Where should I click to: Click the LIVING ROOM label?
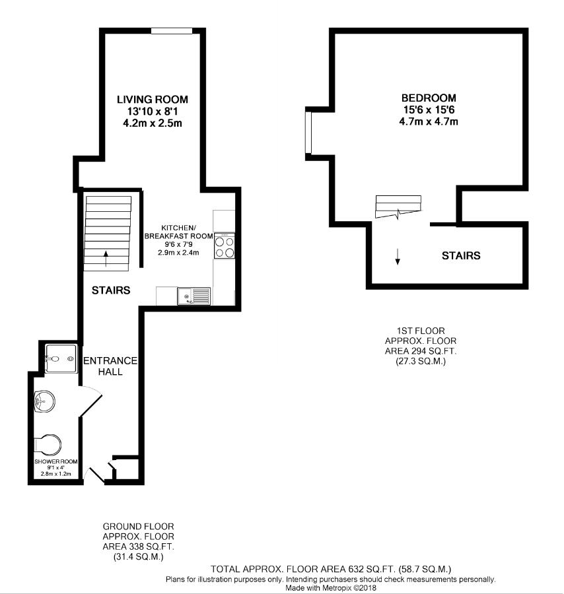(x=153, y=100)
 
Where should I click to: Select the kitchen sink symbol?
(x=193, y=297)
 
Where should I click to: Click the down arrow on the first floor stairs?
(x=398, y=257)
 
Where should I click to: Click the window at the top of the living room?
(x=172, y=30)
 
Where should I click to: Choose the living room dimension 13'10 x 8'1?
(x=153, y=112)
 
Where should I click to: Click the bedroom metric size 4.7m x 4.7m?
(x=429, y=121)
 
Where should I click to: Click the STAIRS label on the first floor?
(x=460, y=255)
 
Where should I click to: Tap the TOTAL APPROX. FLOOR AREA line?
(x=330, y=569)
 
